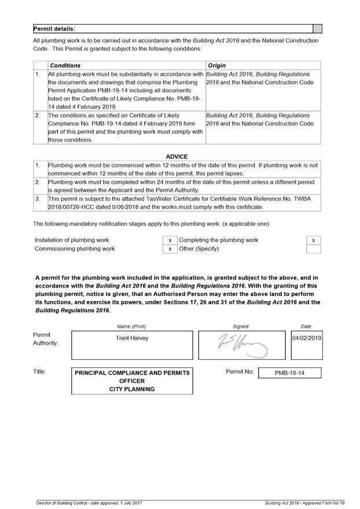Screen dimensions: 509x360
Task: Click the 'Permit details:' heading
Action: pos(54,28)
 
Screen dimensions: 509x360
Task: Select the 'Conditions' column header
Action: pos(65,65)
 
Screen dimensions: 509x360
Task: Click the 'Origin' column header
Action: pos(216,65)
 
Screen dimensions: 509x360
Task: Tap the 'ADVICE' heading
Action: pos(177,157)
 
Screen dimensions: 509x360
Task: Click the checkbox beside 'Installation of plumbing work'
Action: pos(170,240)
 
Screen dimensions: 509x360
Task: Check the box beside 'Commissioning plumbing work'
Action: pos(170,249)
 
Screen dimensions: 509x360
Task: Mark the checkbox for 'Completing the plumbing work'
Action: pos(313,240)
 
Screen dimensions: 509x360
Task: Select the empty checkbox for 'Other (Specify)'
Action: pos(313,249)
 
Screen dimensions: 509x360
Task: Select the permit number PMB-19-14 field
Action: pos(289,373)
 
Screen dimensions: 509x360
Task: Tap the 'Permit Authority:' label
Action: pos(46,339)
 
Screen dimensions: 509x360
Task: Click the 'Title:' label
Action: pos(39,372)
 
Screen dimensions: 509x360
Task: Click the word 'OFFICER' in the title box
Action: pos(132,381)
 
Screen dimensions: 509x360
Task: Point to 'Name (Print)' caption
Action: pos(131,326)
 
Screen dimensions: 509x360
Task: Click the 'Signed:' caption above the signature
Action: pos(241,326)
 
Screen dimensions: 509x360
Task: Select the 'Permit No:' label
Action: pos(240,372)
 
